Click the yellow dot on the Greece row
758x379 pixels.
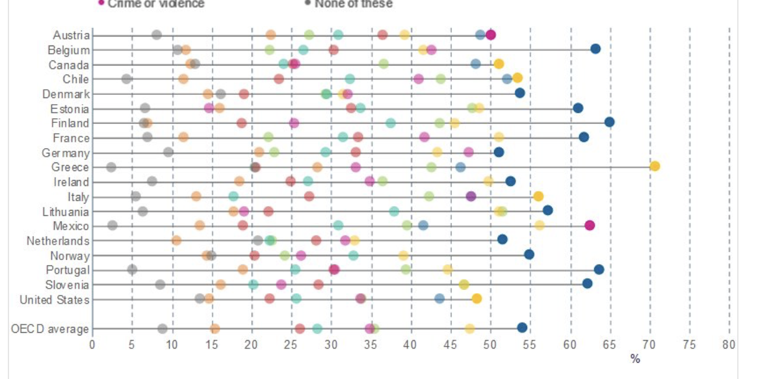[x=655, y=166]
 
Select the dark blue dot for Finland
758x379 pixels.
[x=609, y=122]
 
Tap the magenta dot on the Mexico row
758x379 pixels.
[x=590, y=226]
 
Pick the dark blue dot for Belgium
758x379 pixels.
[x=595, y=49]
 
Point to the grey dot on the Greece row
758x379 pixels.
[x=111, y=167]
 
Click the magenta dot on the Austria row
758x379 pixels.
[x=491, y=35]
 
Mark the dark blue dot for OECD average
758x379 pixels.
[x=522, y=328]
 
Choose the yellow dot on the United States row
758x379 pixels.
[x=477, y=298]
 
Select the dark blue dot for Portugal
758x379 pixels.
[x=599, y=269]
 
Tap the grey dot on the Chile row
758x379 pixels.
[x=126, y=79]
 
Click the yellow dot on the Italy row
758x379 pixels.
[x=538, y=196]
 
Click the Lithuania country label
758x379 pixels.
[x=66, y=211]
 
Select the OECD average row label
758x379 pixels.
[x=49, y=329]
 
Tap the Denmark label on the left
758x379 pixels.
[x=66, y=94]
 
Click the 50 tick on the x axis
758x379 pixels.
[x=491, y=345]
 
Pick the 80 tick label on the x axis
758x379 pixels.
[x=729, y=345]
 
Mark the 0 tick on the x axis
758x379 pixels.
[x=92, y=345]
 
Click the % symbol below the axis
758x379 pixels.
[x=635, y=359]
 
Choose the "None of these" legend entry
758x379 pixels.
[x=353, y=4]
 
